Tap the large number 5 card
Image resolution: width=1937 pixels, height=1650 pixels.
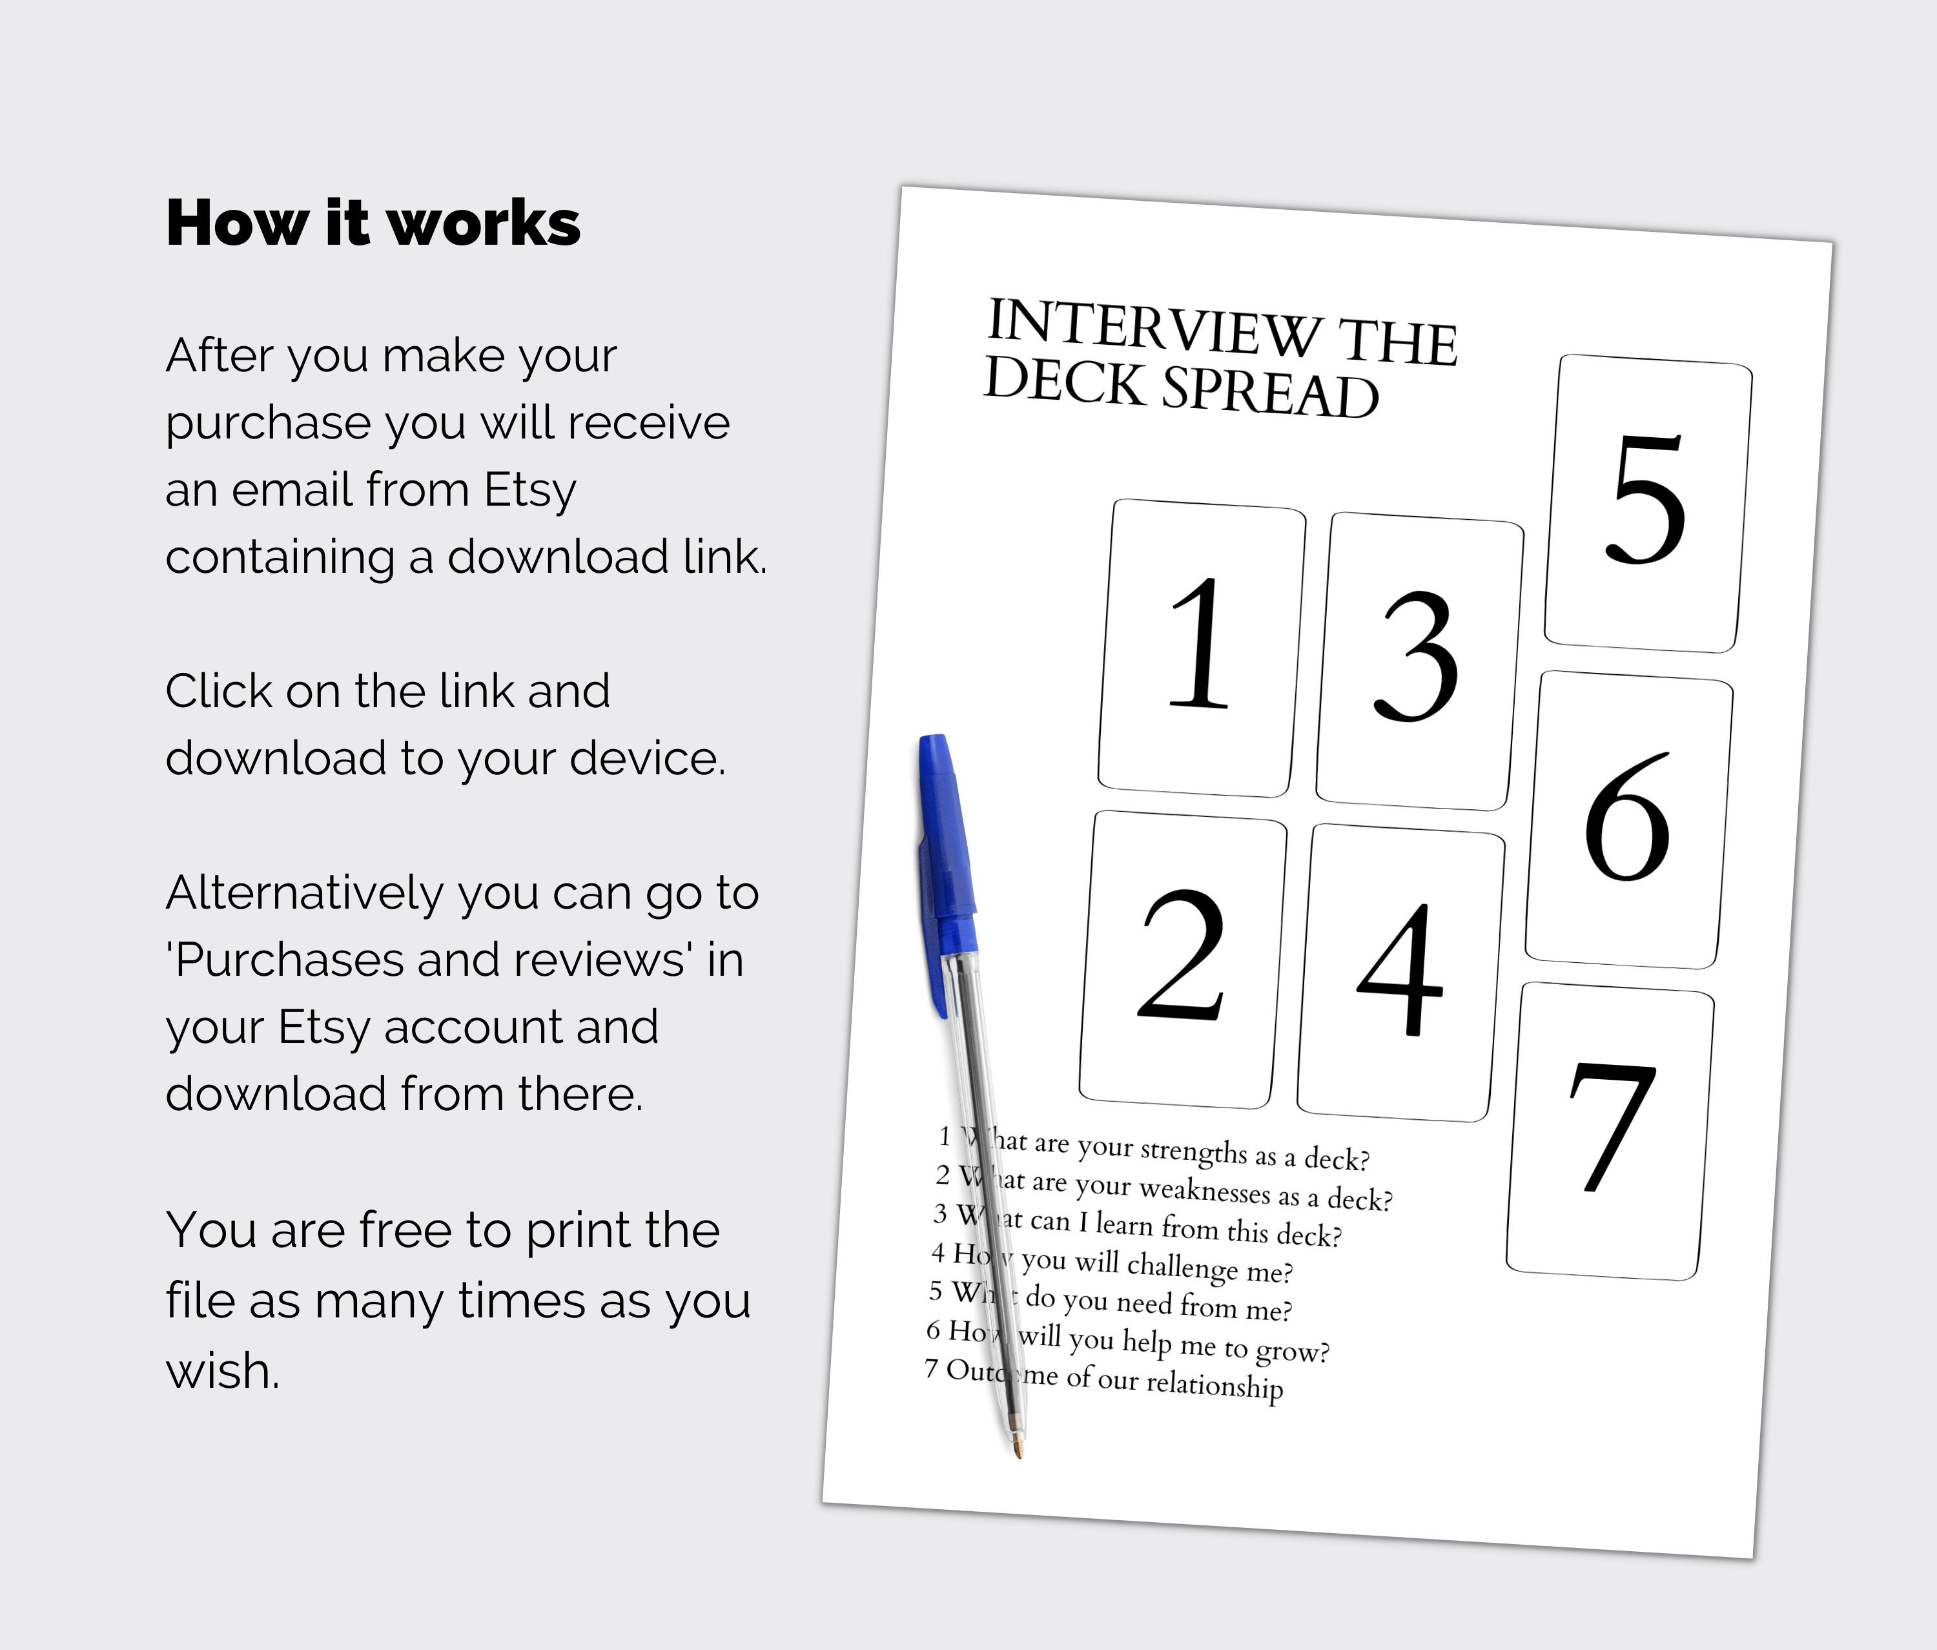[x=1647, y=503]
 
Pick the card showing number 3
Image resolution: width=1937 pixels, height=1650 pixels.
[x=1418, y=660]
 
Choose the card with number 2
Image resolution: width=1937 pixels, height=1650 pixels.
[x=1183, y=958]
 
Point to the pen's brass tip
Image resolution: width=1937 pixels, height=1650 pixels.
[x=1018, y=1451]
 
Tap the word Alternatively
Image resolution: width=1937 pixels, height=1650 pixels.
[x=304, y=892]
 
